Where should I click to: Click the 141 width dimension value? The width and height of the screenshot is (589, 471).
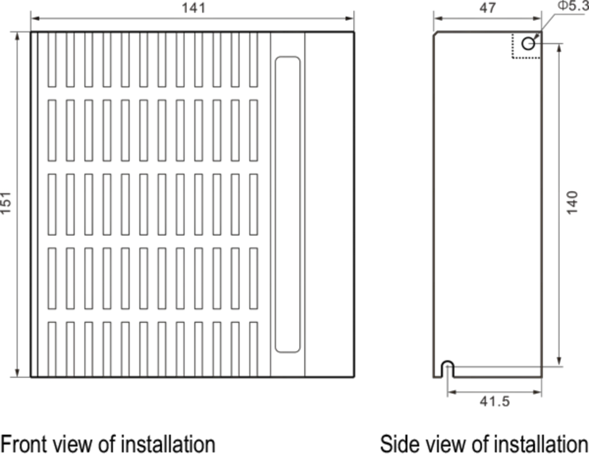(193, 8)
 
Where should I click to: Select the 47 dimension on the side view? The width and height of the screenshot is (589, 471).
(487, 8)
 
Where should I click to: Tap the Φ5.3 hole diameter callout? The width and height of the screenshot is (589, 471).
(573, 6)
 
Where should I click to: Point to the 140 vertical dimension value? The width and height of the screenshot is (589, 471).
(572, 202)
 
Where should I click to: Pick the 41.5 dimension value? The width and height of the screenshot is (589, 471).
(495, 402)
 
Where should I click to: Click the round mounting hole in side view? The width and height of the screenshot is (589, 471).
(528, 44)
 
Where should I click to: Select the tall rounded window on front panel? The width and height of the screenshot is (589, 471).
(288, 204)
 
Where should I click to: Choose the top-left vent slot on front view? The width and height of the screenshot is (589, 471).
(52, 59)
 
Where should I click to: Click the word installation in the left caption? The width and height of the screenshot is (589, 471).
(168, 444)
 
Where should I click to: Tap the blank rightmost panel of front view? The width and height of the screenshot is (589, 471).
(329, 204)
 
